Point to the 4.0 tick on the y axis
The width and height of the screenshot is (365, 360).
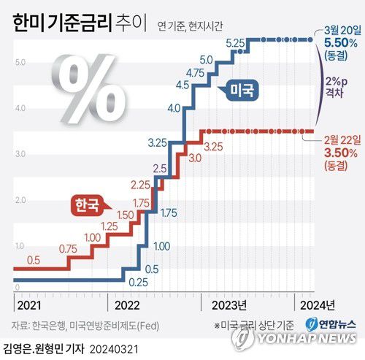(x=20, y=108)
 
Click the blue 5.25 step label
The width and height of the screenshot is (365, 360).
(x=234, y=45)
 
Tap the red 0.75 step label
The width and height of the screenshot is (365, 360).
(x=69, y=249)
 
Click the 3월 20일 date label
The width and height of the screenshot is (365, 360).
(x=339, y=31)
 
